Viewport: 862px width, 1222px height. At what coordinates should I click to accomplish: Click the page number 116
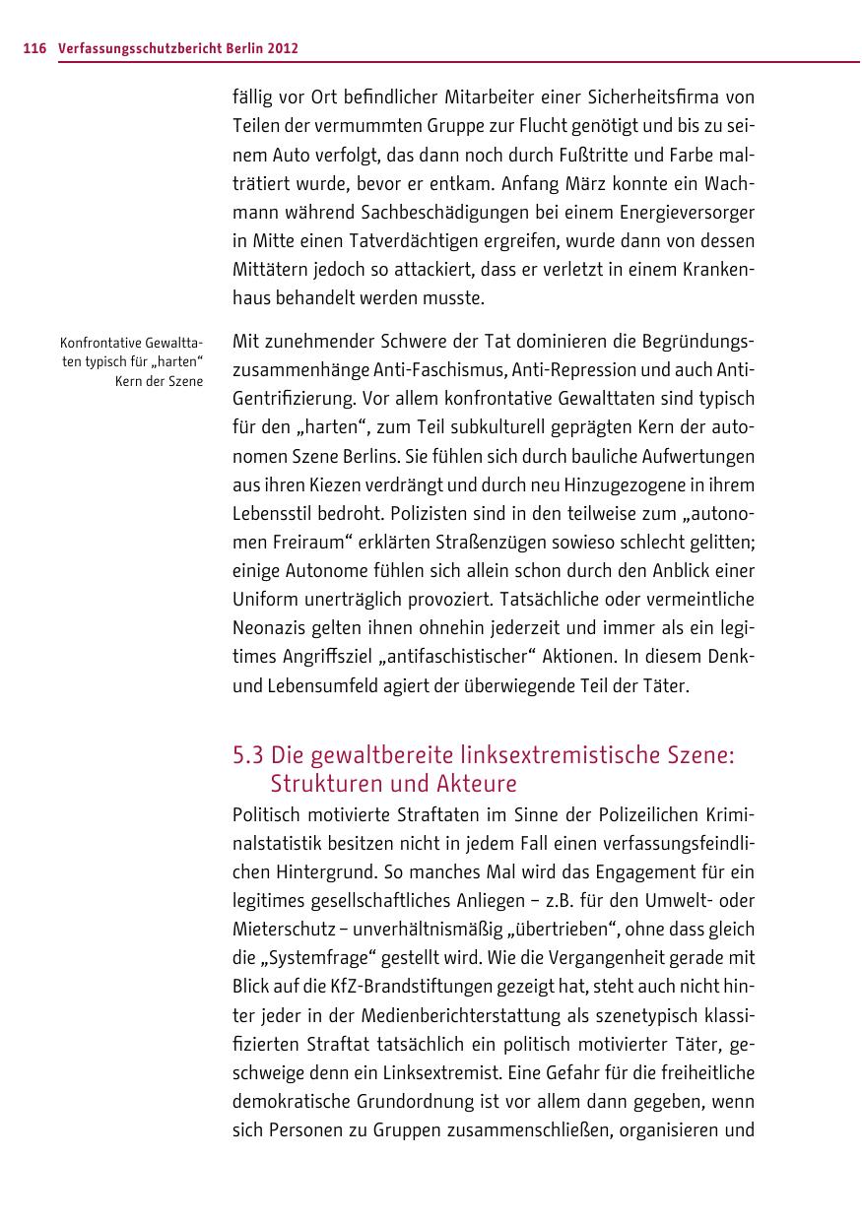[34, 48]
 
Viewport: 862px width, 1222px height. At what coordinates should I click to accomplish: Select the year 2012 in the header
[282, 48]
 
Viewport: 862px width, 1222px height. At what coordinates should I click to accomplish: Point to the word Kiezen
[326, 484]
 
